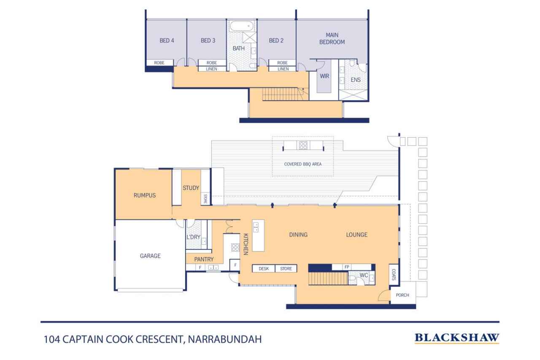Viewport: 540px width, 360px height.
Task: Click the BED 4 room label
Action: tap(167, 41)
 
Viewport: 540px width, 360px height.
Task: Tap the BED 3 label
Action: tap(208, 41)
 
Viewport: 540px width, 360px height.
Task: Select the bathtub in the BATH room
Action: tap(242, 26)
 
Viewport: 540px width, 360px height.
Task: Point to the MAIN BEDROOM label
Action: tap(332, 38)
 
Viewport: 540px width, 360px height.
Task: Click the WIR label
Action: tap(324, 76)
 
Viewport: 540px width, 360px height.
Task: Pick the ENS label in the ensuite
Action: tap(356, 80)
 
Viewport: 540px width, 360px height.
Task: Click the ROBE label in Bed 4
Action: tap(159, 63)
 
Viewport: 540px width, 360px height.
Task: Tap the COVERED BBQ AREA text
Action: tap(303, 164)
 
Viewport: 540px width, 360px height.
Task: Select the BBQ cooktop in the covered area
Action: tap(303, 145)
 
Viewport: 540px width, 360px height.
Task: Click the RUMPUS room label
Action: tap(145, 195)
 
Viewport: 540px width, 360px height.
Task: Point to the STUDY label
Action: tap(191, 188)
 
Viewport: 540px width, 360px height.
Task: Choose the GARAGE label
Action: tap(150, 256)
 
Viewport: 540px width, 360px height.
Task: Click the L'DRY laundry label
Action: tap(193, 237)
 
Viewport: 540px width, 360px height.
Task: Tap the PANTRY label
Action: tap(204, 260)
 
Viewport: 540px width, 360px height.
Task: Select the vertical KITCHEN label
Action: tap(246, 244)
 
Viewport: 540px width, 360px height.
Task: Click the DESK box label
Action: tap(264, 268)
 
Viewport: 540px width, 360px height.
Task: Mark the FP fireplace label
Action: tap(347, 267)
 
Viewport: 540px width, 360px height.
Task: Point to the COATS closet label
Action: tap(394, 275)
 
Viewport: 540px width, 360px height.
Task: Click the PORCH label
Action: tap(402, 295)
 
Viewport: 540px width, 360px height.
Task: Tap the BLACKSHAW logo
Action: tap(457, 338)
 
